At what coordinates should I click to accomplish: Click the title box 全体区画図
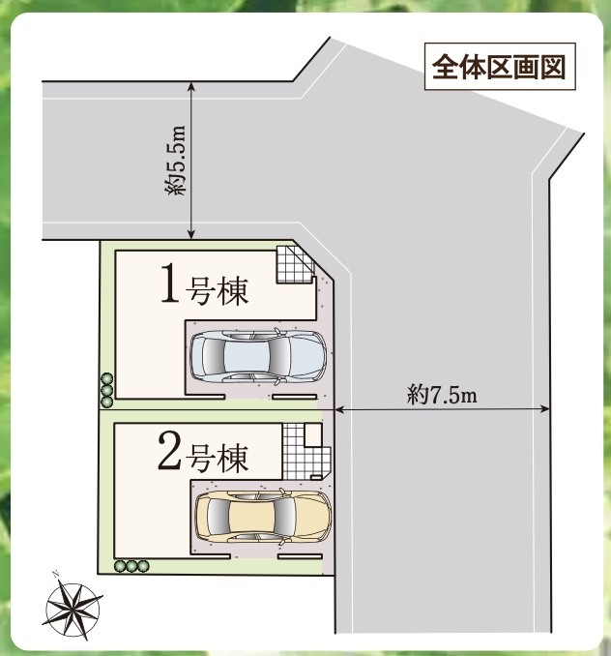point(500,67)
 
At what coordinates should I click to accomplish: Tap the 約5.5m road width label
point(175,160)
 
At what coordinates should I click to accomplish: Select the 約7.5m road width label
point(442,395)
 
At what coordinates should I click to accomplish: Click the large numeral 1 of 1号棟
point(170,283)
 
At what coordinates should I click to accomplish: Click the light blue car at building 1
point(258,356)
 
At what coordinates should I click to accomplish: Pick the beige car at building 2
point(263,516)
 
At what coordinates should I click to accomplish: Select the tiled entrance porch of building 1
point(295,264)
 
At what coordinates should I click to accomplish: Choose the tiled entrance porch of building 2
point(305,452)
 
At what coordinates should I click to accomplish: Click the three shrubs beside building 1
point(107,390)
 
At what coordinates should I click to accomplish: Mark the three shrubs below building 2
point(131,566)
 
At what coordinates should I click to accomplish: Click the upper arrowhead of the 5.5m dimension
point(191,85)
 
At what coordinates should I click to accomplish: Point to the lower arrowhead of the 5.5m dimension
point(191,235)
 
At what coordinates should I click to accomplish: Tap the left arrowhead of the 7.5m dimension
point(339,409)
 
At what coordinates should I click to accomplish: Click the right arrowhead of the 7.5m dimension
point(545,409)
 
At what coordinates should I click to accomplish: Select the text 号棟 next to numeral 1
point(217,290)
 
